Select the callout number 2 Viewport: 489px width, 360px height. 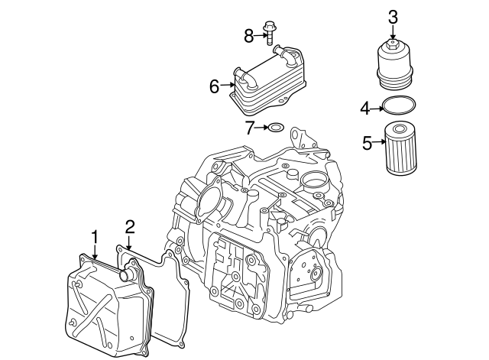pos(130,225)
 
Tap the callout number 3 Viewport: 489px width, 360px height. pos(393,15)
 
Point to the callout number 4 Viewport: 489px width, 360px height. pos(365,108)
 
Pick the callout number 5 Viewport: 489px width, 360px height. pos(368,142)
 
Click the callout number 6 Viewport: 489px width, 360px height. pos(215,86)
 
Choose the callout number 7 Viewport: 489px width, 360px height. pos(250,128)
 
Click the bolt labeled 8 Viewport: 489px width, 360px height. pos(269,35)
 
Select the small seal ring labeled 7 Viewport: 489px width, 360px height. pos(276,128)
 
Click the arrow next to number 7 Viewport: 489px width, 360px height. pos(261,128)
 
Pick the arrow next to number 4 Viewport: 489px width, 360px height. pos(377,108)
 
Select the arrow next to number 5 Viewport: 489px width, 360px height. pos(379,142)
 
